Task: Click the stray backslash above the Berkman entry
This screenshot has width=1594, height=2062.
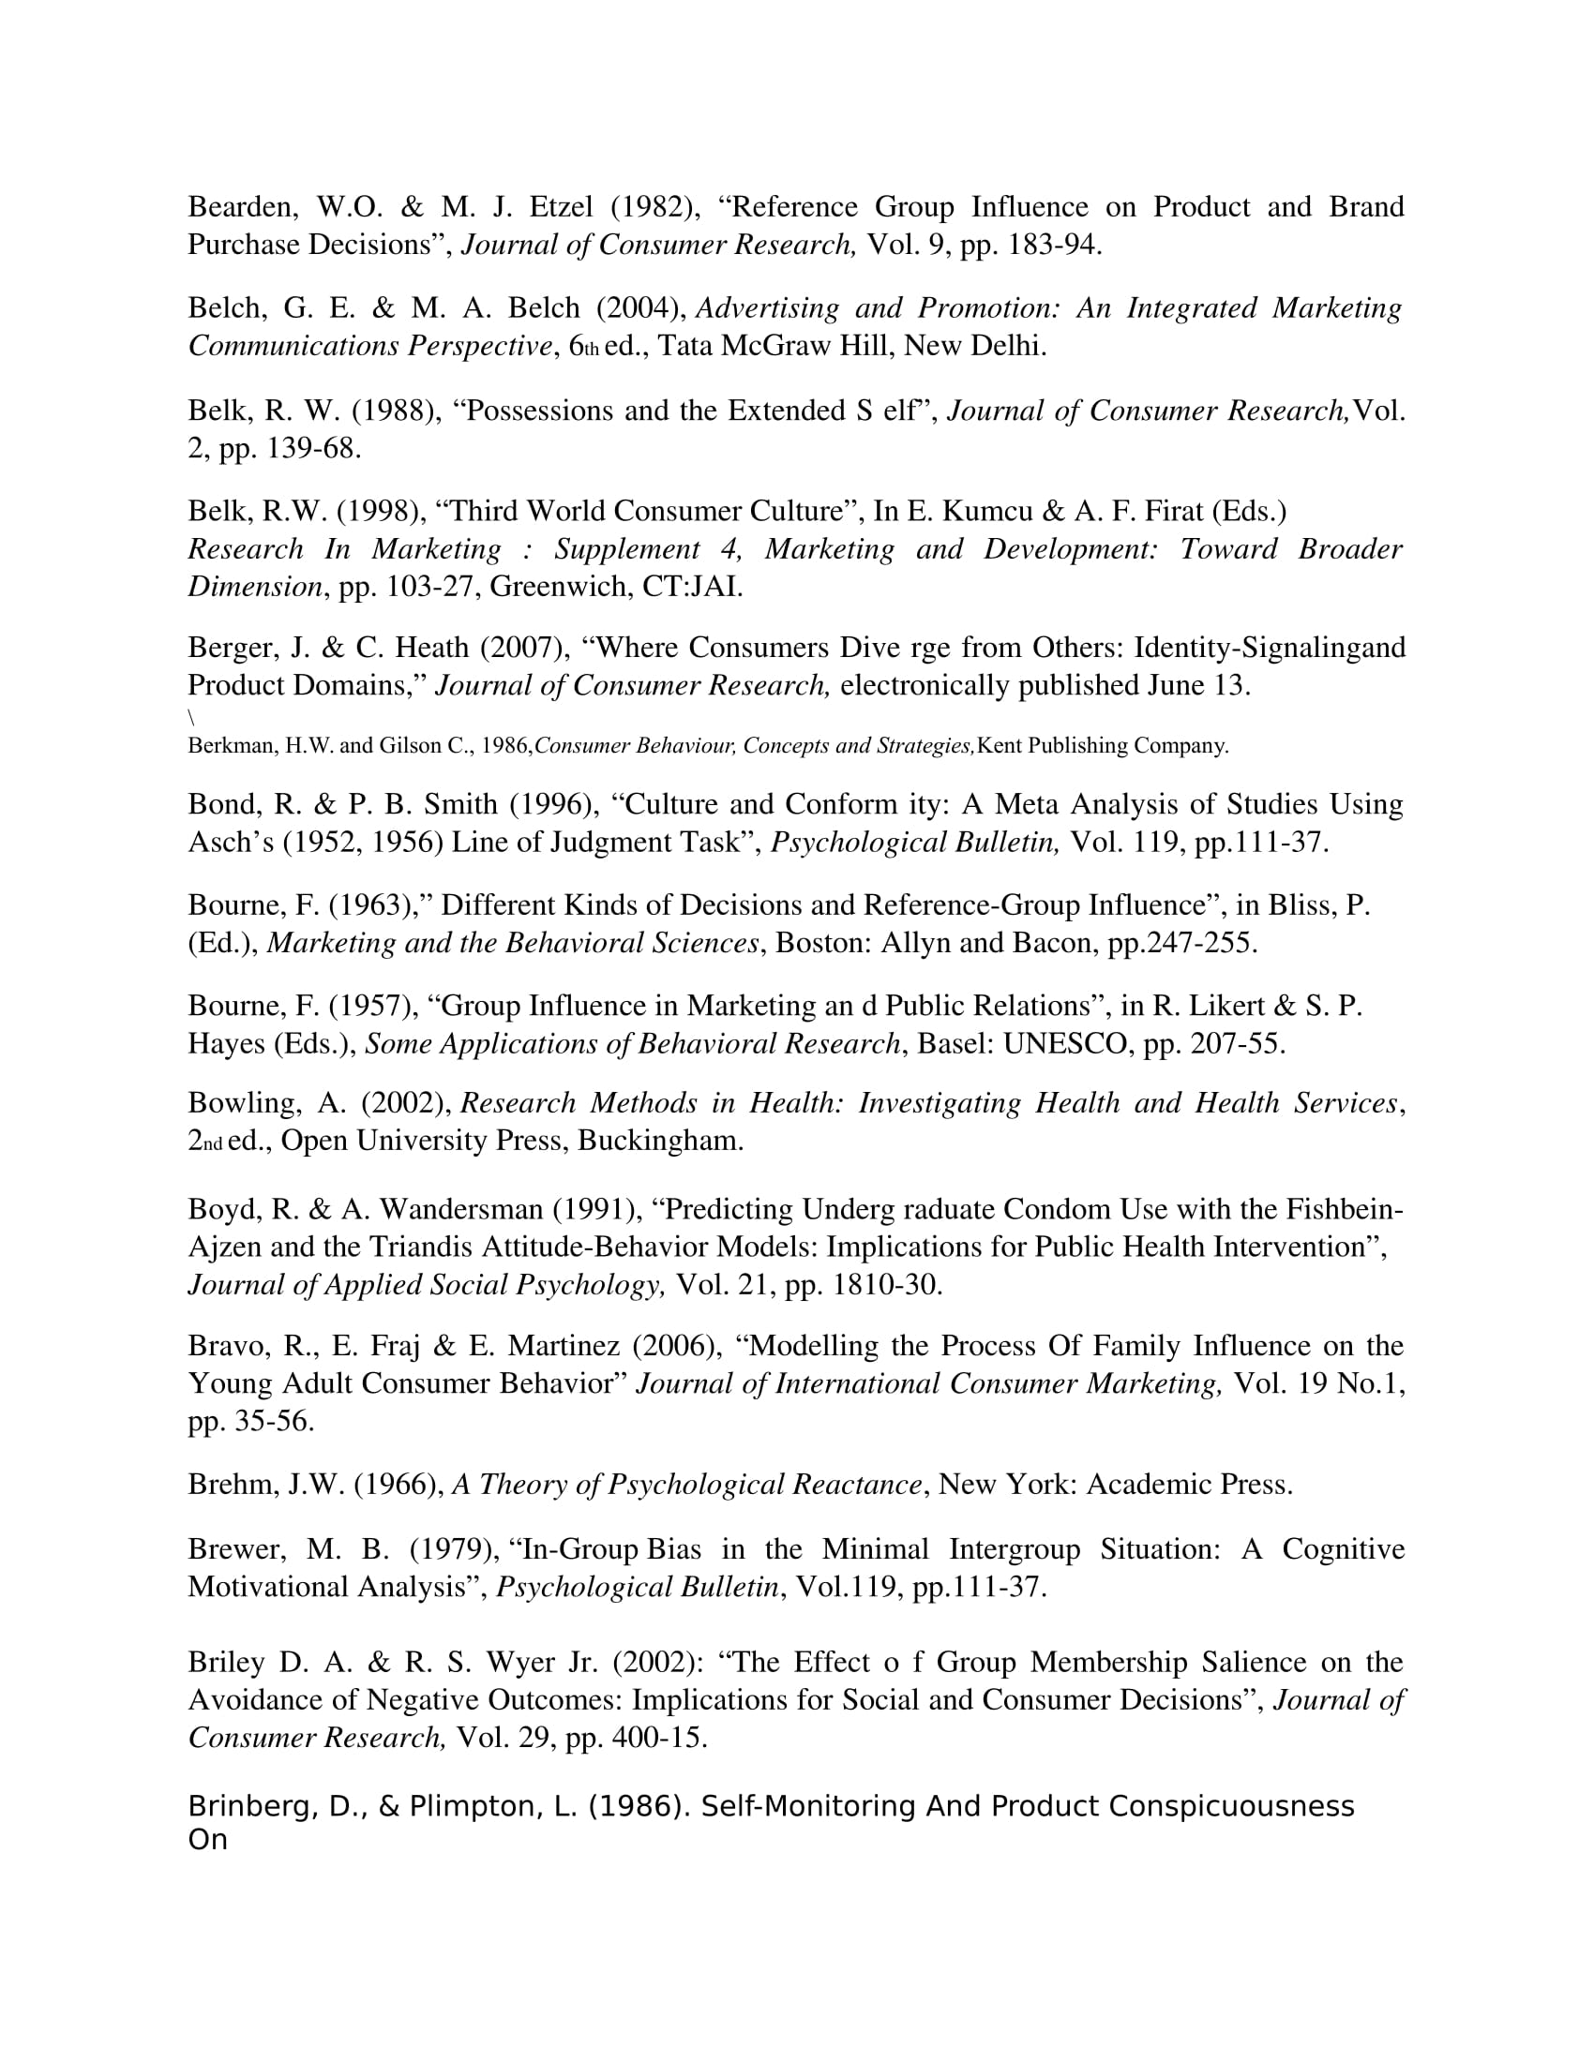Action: (x=191, y=719)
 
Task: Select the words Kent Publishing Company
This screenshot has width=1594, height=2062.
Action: (x=1101, y=746)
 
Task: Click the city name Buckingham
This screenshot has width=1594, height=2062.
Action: (x=660, y=1141)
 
